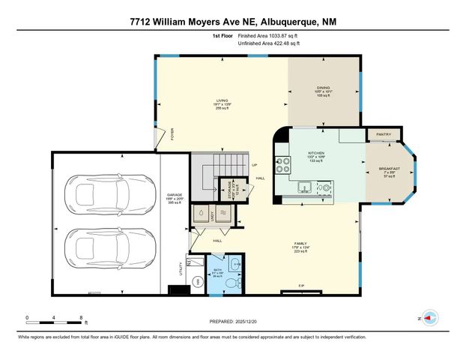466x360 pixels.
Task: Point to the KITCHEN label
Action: [316, 152]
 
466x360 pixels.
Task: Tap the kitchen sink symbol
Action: [303, 187]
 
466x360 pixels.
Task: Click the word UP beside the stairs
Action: [255, 165]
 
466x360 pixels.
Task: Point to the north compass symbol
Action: [429, 318]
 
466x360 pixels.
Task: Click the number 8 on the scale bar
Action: [81, 318]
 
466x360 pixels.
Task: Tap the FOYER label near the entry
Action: [172, 136]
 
